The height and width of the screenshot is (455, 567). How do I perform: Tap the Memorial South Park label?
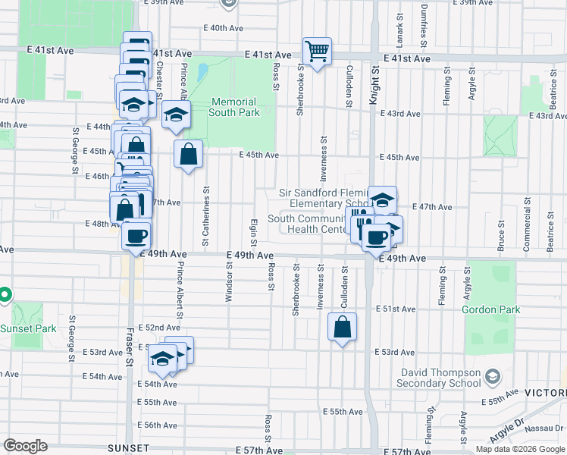pyautogui.click(x=234, y=107)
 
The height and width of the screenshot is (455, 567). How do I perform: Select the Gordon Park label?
pyautogui.click(x=491, y=309)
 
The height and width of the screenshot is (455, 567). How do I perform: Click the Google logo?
pyautogui.click(x=26, y=446)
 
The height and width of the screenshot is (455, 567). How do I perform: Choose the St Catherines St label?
pyautogui.click(x=205, y=216)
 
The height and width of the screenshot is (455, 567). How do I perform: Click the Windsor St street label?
pyautogui.click(x=228, y=278)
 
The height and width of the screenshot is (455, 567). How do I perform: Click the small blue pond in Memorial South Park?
pyautogui.click(x=202, y=73)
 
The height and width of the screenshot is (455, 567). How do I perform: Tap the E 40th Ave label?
pyautogui.click(x=226, y=28)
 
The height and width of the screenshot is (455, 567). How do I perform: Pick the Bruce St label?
pyautogui.click(x=501, y=236)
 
